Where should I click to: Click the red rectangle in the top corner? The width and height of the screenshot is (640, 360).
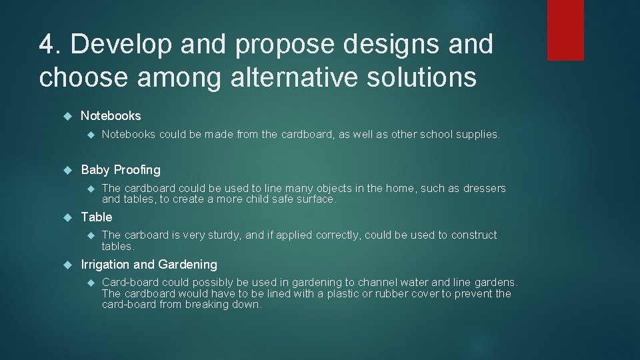[565, 30]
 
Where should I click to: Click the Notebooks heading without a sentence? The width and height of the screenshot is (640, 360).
[111, 115]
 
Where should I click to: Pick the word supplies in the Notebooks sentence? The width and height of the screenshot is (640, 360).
[479, 135]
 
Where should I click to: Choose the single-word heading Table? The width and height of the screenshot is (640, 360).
[97, 217]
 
